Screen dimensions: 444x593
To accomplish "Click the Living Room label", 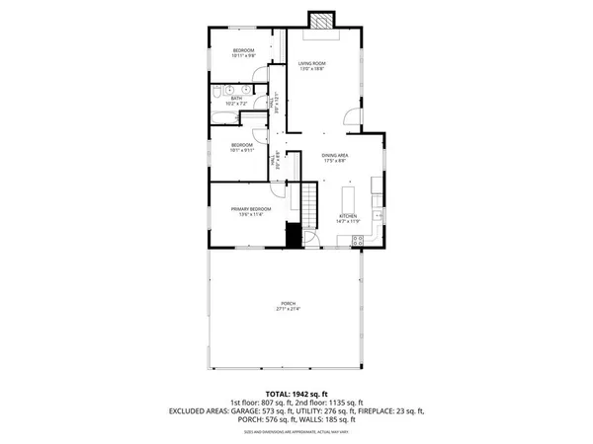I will [312, 63].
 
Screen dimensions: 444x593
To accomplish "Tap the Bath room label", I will [237, 98].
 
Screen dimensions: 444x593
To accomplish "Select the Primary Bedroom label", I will [251, 209].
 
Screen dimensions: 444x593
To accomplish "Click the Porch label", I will [288, 303].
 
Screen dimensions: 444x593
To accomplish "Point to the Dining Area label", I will [336, 156].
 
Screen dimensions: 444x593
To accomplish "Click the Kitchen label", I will [347, 216].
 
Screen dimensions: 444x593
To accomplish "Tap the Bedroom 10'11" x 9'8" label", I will [243, 50].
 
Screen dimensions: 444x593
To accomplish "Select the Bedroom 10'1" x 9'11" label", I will [241, 145].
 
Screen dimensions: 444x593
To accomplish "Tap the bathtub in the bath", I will [224, 117].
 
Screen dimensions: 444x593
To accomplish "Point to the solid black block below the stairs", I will [293, 236].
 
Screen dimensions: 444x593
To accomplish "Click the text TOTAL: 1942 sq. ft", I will [295, 393].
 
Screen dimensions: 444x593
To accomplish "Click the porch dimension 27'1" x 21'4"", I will [288, 309].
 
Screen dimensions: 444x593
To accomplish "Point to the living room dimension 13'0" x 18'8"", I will [312, 69].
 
